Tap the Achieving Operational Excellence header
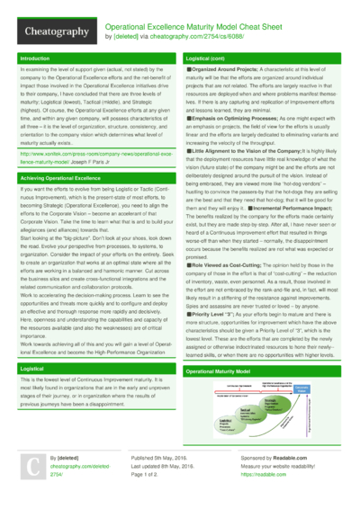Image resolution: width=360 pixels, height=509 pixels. tap(63, 178)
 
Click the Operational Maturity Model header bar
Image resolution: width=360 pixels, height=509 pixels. tap(225, 371)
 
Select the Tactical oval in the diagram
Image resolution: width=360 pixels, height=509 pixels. tap(247, 409)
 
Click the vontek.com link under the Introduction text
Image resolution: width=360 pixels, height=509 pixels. tap(90, 157)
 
